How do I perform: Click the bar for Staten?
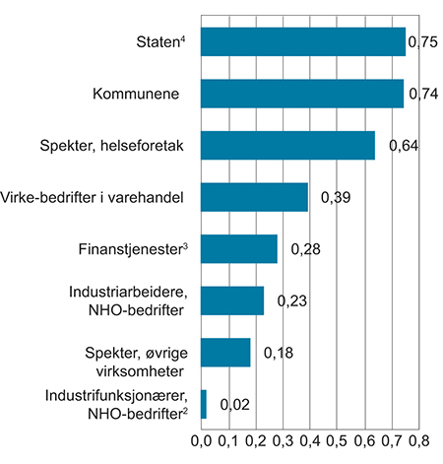(303, 42)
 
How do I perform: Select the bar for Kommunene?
(302, 94)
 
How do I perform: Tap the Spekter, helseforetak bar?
(288, 145)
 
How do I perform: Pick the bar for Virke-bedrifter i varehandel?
(255, 197)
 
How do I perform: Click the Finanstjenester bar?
(239, 248)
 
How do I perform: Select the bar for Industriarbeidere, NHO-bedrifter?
(232, 300)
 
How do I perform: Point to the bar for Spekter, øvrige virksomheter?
(225, 352)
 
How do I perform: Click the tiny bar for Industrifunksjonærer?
(204, 403)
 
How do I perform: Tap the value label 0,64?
(406, 146)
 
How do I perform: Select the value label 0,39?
(337, 198)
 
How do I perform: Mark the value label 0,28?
(305, 249)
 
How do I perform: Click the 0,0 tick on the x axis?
(201, 439)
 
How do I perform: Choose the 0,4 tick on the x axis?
(310, 439)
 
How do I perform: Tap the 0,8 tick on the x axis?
(418, 439)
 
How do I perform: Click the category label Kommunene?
(136, 95)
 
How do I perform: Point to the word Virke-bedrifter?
(55, 197)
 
